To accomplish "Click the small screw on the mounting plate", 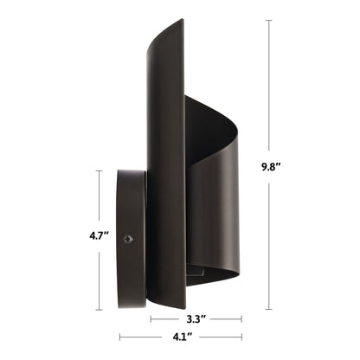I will click(x=128, y=237).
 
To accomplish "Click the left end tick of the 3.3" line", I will click(x=151, y=318).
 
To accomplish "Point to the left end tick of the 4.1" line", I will click(x=119, y=337).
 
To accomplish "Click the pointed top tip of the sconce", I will click(x=180, y=21).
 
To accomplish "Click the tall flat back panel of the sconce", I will click(x=164, y=173).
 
